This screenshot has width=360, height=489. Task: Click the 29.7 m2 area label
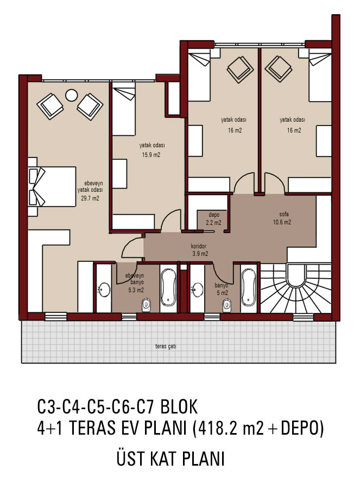click(x=90, y=198)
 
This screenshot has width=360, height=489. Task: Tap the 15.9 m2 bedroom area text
click(x=151, y=155)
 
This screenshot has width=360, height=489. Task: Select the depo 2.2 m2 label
click(x=213, y=219)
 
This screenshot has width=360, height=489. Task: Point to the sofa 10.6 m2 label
click(x=282, y=218)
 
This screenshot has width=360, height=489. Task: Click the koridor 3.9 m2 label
click(x=200, y=250)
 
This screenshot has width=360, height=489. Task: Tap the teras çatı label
click(x=166, y=346)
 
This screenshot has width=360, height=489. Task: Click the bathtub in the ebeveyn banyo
click(x=168, y=287)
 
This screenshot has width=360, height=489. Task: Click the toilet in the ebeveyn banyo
click(x=146, y=305)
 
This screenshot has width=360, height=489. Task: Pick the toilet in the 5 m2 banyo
click(x=227, y=305)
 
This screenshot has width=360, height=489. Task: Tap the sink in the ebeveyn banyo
click(x=104, y=290)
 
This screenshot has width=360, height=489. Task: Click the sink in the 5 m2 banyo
click(x=197, y=289)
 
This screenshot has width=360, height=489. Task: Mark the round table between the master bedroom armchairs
click(x=71, y=95)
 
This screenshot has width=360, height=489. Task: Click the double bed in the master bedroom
click(x=52, y=186)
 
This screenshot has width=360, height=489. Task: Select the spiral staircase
click(x=295, y=288)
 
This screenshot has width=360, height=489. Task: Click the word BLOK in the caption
click(x=179, y=406)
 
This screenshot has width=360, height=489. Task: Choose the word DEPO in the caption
click(x=300, y=428)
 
